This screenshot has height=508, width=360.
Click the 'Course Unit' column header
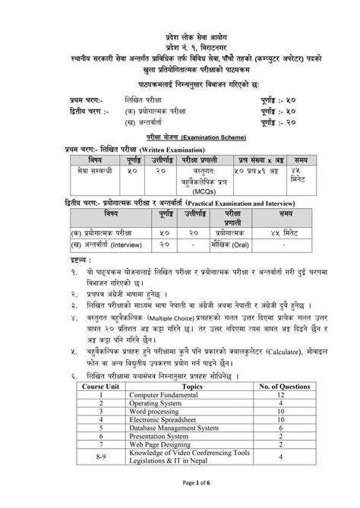tap(101, 387)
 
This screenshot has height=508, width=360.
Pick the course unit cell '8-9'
tap(101, 459)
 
